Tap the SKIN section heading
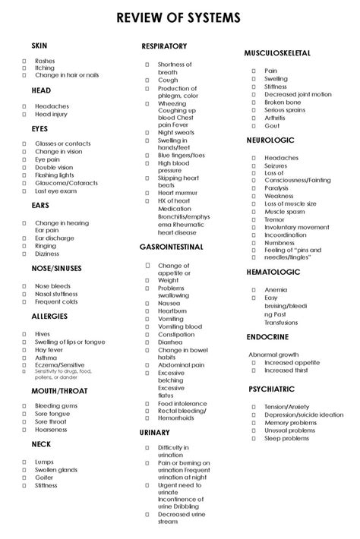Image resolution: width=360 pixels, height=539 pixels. click(39, 46)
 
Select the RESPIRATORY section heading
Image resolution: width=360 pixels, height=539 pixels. click(164, 47)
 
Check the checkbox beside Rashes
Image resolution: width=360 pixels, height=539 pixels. click(24, 60)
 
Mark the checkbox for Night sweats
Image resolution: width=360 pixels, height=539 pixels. click(147, 132)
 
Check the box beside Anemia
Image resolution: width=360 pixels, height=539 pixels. click(254, 289)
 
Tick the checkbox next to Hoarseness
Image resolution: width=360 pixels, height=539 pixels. click(24, 429)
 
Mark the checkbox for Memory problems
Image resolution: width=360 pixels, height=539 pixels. click(254, 423)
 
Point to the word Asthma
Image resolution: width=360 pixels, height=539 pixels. click(46, 357)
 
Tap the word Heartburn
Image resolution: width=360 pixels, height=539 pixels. click(172, 311)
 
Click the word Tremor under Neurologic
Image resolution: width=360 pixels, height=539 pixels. click(274, 219)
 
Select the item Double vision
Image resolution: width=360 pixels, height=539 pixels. click(54, 168)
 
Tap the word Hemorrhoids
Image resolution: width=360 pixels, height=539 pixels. click(177, 418)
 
